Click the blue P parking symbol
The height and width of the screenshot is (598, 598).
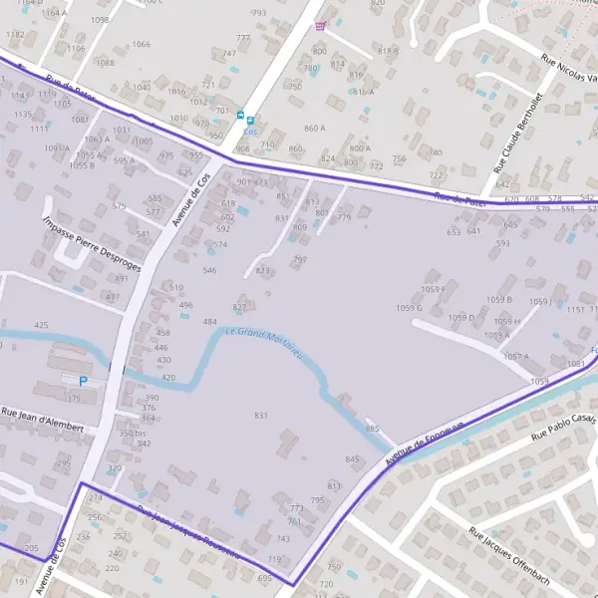click(83, 381)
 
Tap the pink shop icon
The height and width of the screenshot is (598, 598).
click(319, 27)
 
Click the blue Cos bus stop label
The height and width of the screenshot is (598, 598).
click(249, 131)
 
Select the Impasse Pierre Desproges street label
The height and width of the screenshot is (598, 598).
click(92, 244)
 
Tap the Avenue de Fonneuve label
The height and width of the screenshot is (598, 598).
click(425, 443)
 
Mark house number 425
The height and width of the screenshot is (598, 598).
click(41, 325)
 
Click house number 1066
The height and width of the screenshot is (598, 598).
click(142, 44)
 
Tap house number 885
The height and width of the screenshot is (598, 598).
click(373, 428)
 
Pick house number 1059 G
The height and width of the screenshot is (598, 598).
click(409, 308)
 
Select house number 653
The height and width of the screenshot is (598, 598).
click(453, 232)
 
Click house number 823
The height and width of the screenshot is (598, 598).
click(263, 270)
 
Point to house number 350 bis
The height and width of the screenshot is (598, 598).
click(133, 433)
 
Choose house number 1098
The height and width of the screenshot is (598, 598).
click(100, 19)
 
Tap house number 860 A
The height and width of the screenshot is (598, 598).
click(315, 128)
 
